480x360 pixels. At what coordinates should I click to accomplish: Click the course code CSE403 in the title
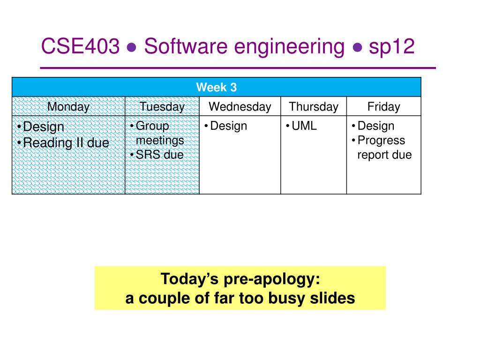click(x=80, y=46)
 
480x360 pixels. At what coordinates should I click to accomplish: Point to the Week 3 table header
click(x=217, y=87)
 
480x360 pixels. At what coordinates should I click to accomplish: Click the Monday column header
click(x=68, y=107)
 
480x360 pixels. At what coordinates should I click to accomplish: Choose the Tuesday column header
click(x=162, y=107)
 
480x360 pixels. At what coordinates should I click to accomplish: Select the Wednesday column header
click(x=240, y=107)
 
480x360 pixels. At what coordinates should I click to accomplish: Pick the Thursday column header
click(x=314, y=107)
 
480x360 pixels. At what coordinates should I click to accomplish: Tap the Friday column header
click(x=384, y=107)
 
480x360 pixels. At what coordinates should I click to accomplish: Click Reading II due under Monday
click(x=66, y=142)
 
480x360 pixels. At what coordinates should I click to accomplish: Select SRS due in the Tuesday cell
click(x=160, y=155)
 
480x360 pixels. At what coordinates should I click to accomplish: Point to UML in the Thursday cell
click(x=304, y=126)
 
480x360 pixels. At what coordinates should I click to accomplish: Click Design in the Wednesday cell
click(x=229, y=126)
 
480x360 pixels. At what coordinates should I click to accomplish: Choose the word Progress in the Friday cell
click(x=382, y=141)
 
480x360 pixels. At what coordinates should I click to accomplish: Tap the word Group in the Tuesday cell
click(x=152, y=126)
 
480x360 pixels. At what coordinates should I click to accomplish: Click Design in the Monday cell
click(x=44, y=127)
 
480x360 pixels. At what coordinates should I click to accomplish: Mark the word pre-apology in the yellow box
click(x=272, y=279)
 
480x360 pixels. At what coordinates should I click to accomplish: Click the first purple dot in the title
click(x=132, y=47)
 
